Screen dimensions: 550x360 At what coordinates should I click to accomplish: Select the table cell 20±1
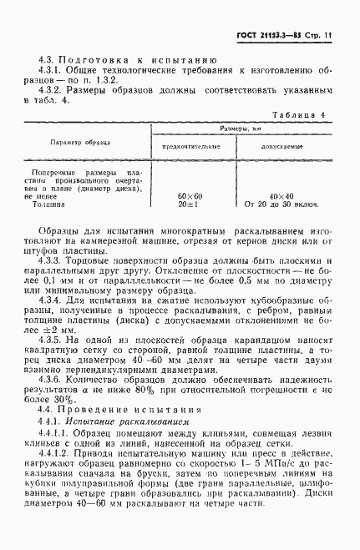(x=190, y=203)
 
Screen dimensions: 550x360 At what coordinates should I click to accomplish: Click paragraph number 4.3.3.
(x=54, y=260)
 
